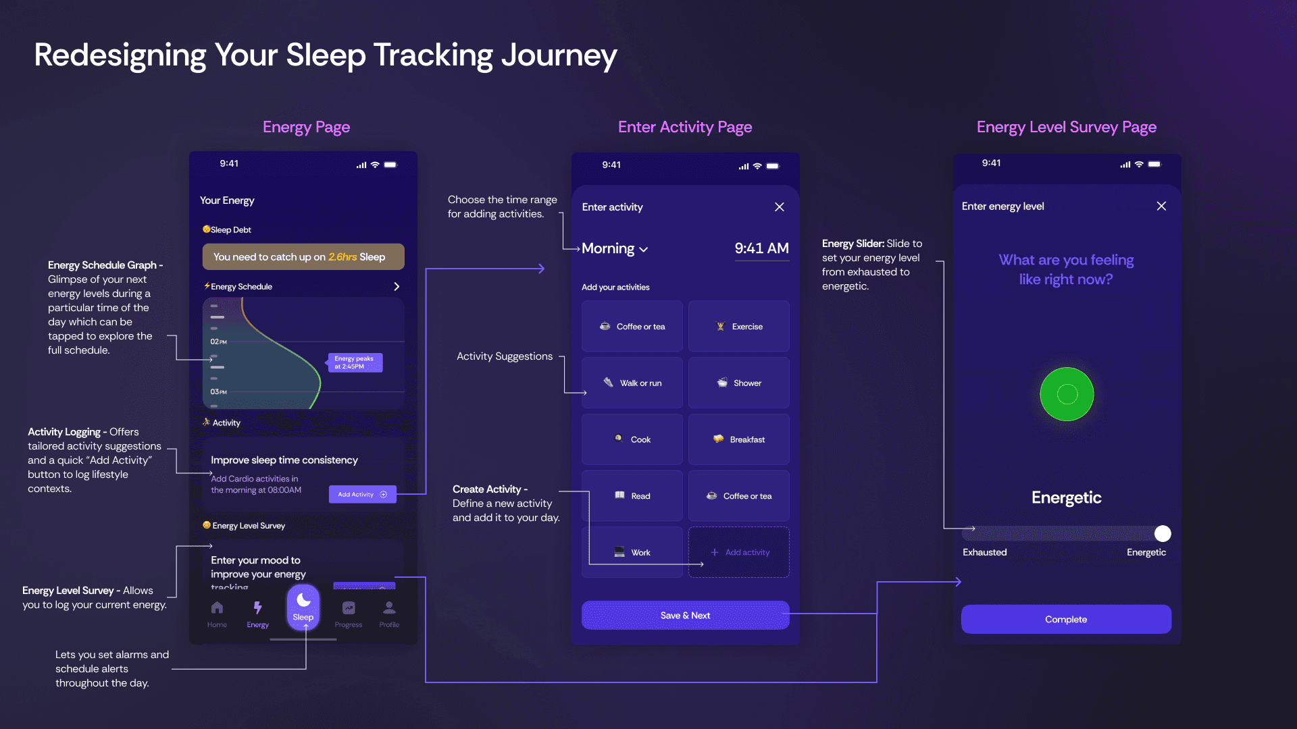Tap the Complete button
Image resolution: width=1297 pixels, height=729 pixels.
[1066, 619]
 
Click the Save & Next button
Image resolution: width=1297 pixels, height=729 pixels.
[685, 616]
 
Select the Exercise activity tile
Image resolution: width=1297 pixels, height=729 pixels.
[739, 327]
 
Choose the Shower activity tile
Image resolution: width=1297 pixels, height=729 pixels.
[739, 383]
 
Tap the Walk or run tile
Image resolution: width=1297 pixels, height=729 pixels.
[632, 383]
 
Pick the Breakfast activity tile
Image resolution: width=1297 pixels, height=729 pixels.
[739, 439]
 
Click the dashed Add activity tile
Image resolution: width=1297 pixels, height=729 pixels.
[739, 552]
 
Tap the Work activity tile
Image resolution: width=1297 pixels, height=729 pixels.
[632, 552]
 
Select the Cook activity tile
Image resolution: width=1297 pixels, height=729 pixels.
[632, 439]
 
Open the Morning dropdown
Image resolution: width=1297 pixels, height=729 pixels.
[615, 249]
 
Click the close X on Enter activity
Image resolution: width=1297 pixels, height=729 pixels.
[780, 207]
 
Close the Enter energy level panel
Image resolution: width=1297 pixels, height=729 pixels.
[1161, 206]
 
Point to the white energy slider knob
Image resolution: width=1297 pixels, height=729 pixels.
[1163, 534]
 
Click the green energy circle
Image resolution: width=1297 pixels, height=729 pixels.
[1067, 394]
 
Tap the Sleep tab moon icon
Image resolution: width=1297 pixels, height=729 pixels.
[303, 600]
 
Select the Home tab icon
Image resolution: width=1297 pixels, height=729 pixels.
[217, 607]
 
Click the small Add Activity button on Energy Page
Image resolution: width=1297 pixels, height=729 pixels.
[363, 494]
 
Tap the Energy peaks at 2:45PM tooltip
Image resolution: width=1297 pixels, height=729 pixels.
[355, 362]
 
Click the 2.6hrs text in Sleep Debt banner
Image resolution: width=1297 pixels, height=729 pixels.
[342, 257]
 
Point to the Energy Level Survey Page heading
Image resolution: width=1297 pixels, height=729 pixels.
[1066, 127]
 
